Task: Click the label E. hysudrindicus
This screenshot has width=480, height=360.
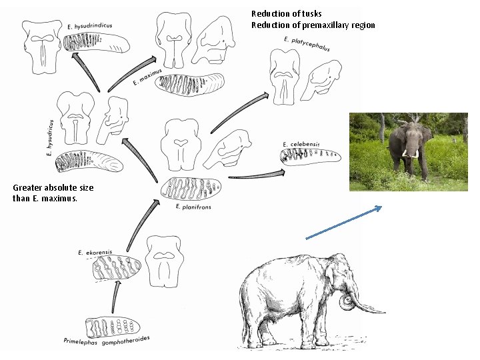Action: [90, 26]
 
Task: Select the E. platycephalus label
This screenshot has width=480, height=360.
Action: [307, 44]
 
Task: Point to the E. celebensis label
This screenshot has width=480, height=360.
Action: [301, 144]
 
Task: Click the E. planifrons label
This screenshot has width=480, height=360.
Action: [192, 207]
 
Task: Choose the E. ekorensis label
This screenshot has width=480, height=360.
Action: [95, 253]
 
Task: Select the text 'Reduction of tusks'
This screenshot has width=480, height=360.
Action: [286, 14]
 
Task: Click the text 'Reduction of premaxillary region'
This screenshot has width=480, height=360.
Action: [313, 25]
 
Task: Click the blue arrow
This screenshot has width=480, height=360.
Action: [343, 222]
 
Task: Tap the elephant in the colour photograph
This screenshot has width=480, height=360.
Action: [409, 147]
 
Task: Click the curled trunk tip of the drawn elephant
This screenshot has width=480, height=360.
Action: [347, 303]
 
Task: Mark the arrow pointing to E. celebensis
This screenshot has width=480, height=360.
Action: [257, 175]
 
